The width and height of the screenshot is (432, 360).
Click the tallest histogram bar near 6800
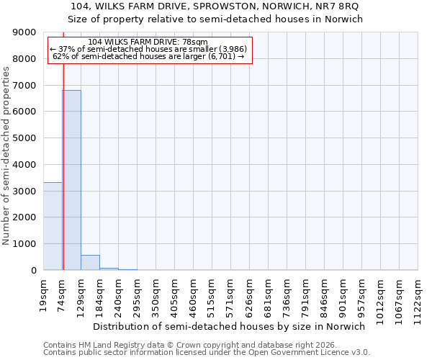[x=71, y=180]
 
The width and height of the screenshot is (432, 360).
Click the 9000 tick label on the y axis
[x=24, y=32]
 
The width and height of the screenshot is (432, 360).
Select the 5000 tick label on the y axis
[x=24, y=138]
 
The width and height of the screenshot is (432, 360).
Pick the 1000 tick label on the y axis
[x=24, y=244]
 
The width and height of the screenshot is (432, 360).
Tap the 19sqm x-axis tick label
[x=44, y=293]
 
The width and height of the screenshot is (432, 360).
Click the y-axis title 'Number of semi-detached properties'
[x=6, y=156]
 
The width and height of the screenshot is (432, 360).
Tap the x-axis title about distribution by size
[x=230, y=326]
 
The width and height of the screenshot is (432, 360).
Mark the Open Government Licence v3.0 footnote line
[x=206, y=353]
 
